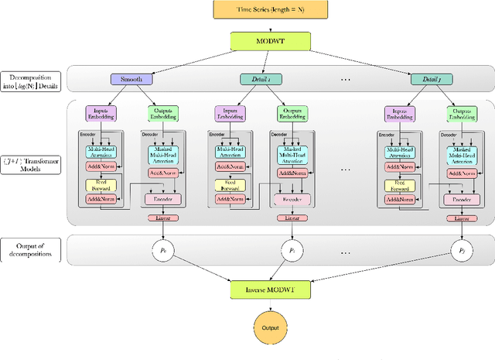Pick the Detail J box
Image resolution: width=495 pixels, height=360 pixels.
click(428, 78)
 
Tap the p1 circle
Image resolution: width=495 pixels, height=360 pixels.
click(291, 252)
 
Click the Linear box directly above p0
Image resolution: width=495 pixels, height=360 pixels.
click(162, 218)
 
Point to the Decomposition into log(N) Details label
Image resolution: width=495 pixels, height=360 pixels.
click(31, 82)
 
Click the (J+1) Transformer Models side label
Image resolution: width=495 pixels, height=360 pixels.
click(31, 163)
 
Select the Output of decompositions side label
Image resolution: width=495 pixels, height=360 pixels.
click(31, 250)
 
